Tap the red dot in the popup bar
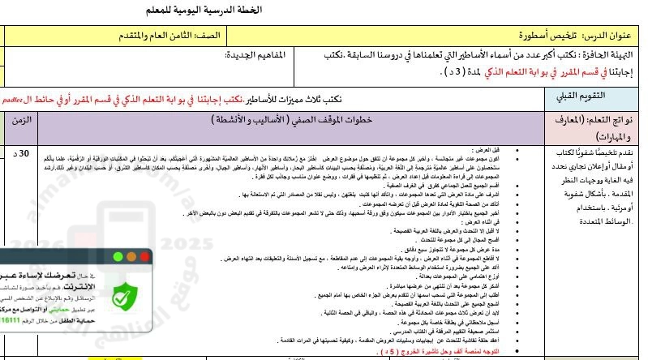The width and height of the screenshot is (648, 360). [144, 256]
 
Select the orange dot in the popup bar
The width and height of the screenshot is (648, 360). [131, 256]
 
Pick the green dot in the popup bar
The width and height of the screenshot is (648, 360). [118, 256]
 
